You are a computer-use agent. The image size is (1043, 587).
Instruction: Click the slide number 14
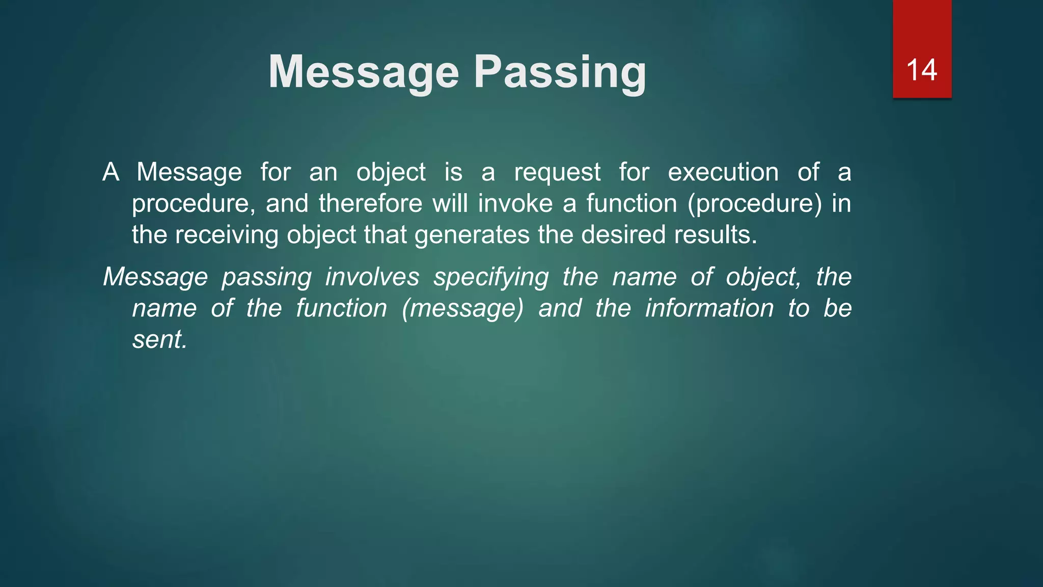(921, 70)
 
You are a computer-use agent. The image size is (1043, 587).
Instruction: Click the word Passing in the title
(560, 73)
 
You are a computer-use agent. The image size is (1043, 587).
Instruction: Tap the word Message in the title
(364, 72)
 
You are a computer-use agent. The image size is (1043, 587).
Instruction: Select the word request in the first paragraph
(557, 172)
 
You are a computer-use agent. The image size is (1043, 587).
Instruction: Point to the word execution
(723, 172)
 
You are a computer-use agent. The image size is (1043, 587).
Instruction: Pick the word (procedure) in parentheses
(755, 203)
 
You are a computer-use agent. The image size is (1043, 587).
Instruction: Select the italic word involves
(372, 277)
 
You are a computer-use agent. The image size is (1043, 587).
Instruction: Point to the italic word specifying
(491, 278)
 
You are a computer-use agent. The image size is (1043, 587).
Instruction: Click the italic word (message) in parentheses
(462, 309)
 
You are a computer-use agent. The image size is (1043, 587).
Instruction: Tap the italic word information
(709, 308)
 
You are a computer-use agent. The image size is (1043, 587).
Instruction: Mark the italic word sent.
(159, 339)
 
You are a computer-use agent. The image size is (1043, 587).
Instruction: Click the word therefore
(370, 203)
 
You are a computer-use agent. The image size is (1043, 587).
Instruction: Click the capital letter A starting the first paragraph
(111, 172)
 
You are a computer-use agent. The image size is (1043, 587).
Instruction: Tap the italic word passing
(266, 278)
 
